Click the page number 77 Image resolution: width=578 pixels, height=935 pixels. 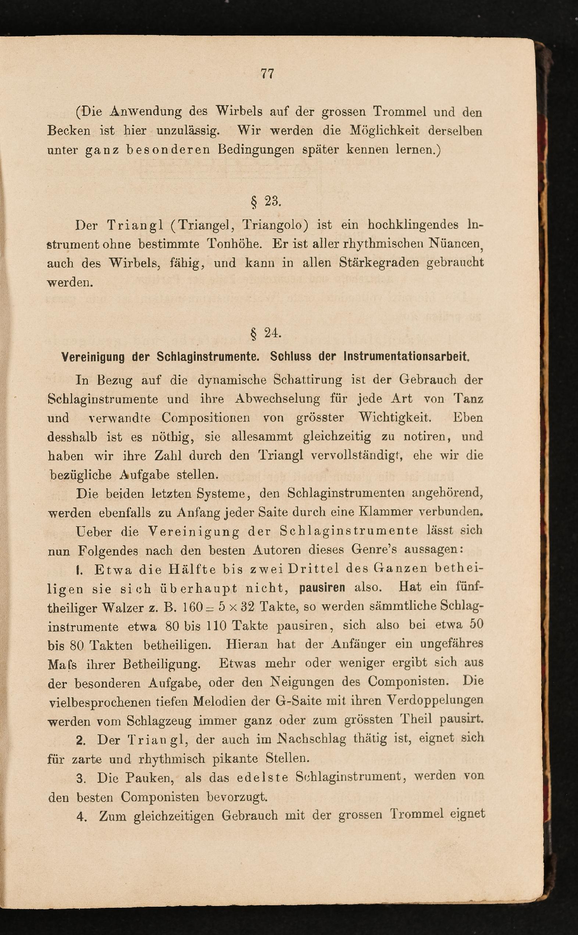[x=267, y=73]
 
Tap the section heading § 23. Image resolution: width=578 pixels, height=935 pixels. [x=266, y=201]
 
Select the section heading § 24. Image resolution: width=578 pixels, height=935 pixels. [x=266, y=334]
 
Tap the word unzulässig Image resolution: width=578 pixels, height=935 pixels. [x=188, y=131]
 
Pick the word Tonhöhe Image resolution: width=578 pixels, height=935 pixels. [x=234, y=244]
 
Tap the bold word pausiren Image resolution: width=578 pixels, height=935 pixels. [x=322, y=587]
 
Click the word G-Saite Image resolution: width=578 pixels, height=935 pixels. [x=295, y=701]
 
